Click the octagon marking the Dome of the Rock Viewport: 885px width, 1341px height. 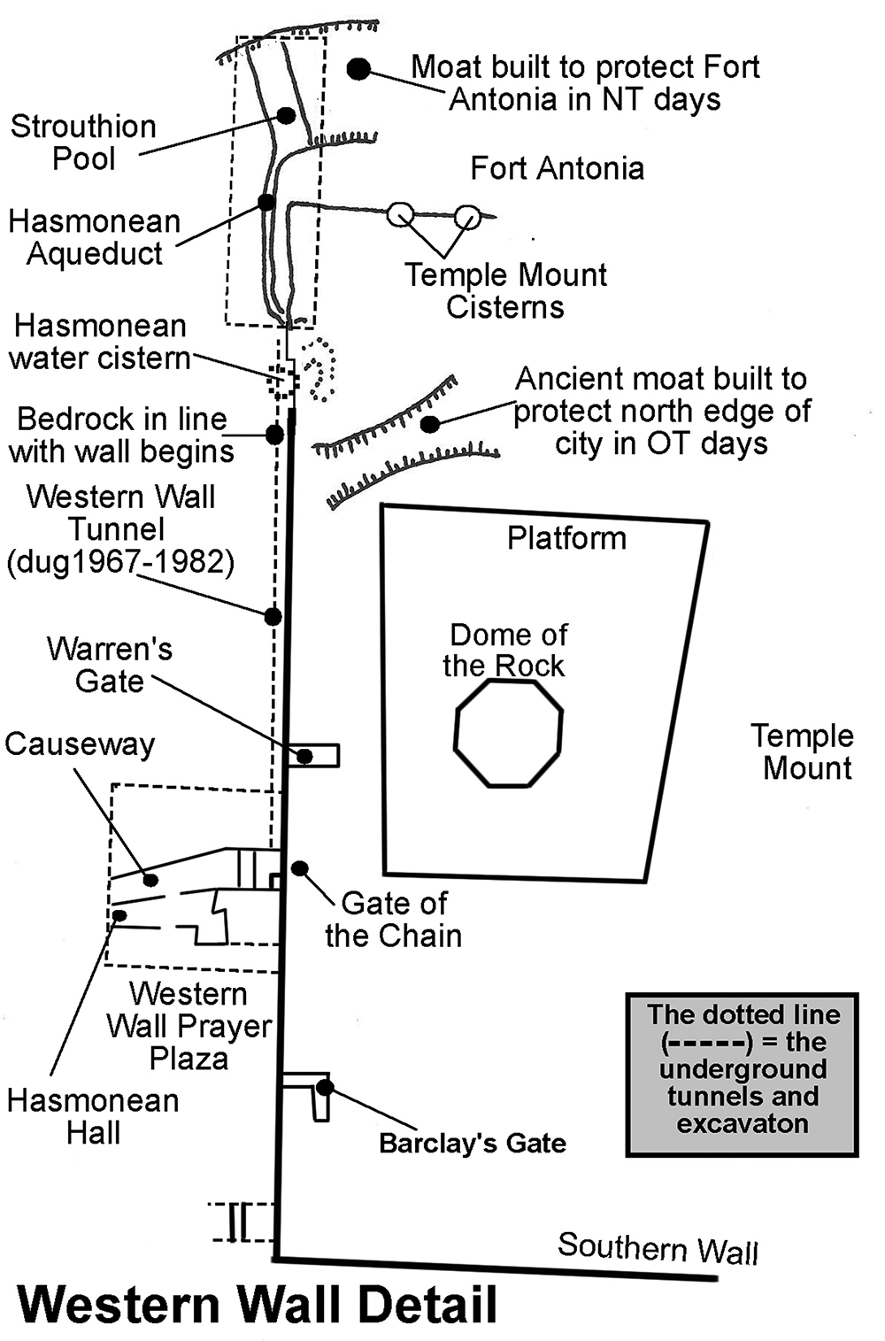pos(508,732)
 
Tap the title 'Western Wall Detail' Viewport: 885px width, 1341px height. pos(258,1305)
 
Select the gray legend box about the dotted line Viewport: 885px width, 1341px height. pos(742,1075)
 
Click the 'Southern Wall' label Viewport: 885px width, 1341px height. pos(658,1248)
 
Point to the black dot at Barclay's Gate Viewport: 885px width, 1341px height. pos(325,1087)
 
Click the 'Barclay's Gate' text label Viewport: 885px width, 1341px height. pos(473,1143)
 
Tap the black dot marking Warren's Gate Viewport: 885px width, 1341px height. pos(304,756)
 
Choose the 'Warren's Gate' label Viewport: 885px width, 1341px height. pos(110,665)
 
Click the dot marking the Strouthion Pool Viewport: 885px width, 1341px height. pos(285,115)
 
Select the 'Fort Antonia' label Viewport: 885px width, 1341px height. pos(557,168)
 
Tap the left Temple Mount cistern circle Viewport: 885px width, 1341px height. pos(401,213)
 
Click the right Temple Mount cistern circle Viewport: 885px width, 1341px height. pos(467,216)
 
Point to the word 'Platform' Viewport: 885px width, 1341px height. pos(566,538)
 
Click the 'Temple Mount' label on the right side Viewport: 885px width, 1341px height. pos(803,751)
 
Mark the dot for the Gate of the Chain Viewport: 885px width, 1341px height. pos(300,868)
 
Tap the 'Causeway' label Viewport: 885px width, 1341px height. pos(80,744)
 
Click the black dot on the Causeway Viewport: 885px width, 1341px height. pos(150,880)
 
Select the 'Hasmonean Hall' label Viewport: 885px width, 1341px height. pos(93,1116)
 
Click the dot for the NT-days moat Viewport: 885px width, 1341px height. pos(358,68)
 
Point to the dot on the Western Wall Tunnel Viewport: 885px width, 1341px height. pos(273,616)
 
